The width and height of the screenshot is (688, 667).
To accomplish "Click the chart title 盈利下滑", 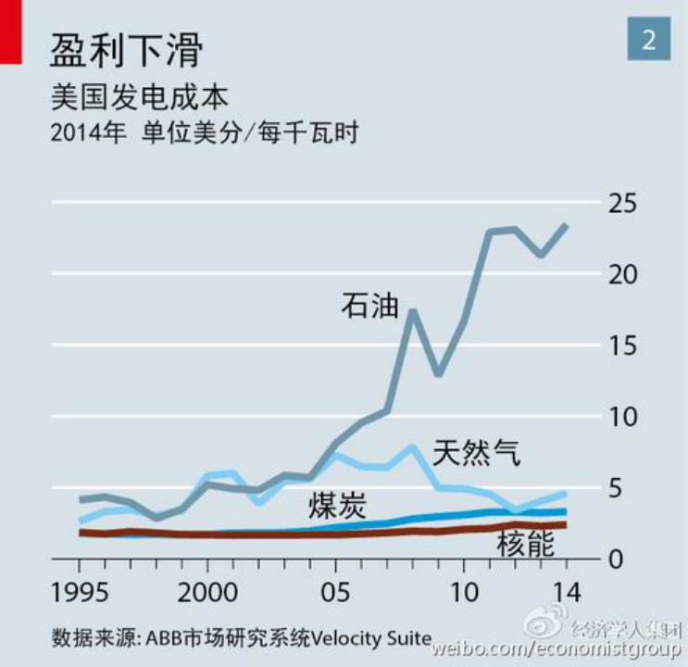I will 125,48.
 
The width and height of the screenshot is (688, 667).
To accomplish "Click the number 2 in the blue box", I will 648,39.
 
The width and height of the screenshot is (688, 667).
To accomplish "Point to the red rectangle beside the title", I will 10,31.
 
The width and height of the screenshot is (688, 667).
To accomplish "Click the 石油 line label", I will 369,305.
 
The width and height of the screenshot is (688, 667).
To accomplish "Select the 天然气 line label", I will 477,453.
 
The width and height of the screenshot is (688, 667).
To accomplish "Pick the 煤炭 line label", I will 338,505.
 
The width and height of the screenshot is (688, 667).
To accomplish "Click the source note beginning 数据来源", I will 242,638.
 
